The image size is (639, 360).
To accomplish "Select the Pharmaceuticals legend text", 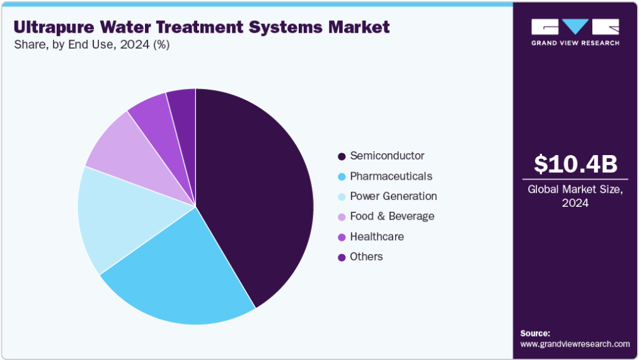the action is [391, 176].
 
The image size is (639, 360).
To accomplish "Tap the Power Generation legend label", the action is [393, 196].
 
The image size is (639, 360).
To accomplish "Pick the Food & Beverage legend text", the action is [392, 216].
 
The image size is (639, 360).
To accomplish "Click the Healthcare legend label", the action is [377, 236].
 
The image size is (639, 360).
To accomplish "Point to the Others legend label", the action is [366, 257].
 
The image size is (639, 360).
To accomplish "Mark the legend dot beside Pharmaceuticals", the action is [342, 177].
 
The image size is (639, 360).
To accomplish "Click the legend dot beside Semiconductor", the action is [342, 156].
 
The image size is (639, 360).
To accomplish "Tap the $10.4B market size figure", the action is [575, 163].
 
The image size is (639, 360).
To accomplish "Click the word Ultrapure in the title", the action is [54, 27].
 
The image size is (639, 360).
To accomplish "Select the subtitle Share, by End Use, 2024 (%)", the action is [92, 44].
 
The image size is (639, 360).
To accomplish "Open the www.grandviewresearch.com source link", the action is [575, 344].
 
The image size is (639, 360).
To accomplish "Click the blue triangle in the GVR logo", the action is [575, 26].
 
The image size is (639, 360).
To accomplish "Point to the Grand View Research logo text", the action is [575, 43].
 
